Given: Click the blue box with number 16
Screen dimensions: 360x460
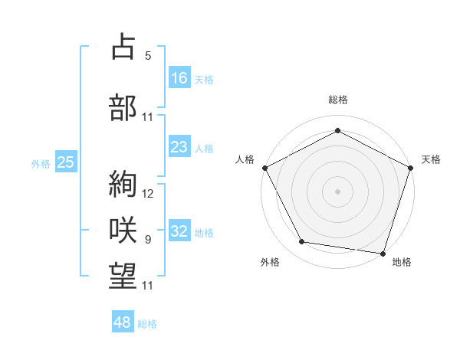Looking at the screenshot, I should [x=179, y=77].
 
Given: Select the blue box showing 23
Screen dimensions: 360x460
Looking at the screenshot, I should [x=179, y=147].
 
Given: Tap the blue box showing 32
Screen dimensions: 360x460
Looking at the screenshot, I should [x=179, y=231].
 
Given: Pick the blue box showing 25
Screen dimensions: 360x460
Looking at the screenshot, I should [x=65, y=162].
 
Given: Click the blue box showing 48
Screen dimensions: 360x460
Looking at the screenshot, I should [x=123, y=322].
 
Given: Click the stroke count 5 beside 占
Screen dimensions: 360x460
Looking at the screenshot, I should [x=148, y=56].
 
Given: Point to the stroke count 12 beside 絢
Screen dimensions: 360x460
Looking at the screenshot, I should [x=149, y=194].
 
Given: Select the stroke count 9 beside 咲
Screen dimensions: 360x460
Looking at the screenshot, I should [x=148, y=240].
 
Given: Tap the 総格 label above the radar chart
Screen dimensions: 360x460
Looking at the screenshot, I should [x=337, y=100].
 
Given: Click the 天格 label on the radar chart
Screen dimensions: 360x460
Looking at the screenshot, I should [x=431, y=159].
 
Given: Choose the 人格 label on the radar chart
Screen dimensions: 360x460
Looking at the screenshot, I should [x=245, y=159].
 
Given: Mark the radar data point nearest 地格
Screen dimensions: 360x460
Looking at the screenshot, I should [x=383, y=253].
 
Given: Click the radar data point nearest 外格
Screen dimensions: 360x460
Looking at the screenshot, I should [x=302, y=242].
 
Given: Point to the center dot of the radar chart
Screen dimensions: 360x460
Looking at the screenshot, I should [x=337, y=191].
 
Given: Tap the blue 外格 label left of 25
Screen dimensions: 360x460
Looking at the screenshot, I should [x=40, y=163].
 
